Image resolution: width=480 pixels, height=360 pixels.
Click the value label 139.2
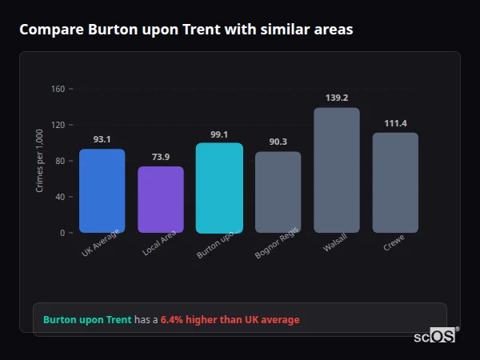337,98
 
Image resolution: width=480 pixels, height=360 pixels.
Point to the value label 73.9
161,157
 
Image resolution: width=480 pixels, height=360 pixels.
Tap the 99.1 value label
219,134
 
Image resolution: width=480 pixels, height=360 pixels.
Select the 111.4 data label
395,123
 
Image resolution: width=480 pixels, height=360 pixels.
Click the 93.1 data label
102,139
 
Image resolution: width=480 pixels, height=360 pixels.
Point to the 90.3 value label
278,142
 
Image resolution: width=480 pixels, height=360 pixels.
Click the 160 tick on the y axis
58,89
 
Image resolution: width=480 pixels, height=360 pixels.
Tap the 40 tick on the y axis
60,197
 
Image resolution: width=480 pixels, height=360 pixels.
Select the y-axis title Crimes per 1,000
40,162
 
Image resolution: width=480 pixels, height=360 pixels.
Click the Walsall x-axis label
335,243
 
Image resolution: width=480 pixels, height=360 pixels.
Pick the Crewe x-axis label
394,242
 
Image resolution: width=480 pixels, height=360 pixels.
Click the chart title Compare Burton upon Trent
186,30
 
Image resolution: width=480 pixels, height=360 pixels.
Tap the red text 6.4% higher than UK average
230,320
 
